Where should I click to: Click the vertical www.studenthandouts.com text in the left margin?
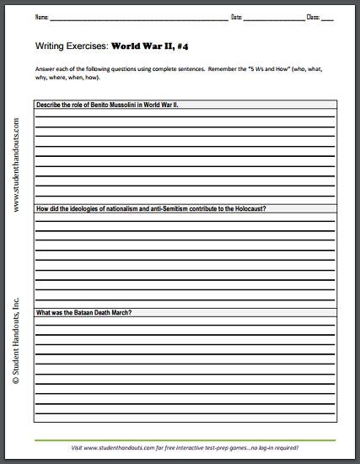coord(17,165)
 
